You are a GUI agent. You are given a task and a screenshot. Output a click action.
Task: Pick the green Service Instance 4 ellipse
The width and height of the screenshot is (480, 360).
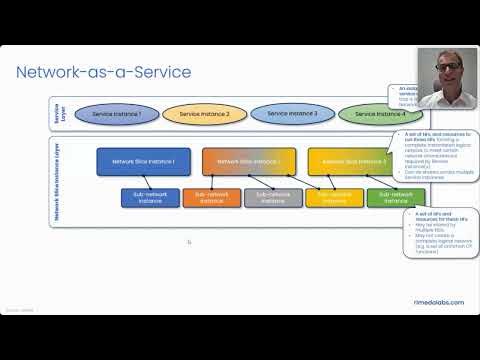[x=373, y=115]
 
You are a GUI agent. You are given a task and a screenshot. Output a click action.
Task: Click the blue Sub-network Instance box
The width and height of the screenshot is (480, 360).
[x=148, y=197]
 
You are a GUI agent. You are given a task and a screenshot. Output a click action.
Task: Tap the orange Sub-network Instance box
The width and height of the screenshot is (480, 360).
[x=211, y=197]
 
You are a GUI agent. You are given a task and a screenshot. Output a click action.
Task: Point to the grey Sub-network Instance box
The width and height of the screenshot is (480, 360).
[x=273, y=197]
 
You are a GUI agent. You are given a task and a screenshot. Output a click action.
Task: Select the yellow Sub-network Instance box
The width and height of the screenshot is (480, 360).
[x=334, y=197]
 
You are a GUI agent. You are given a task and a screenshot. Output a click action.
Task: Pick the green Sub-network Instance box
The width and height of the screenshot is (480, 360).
[x=389, y=197]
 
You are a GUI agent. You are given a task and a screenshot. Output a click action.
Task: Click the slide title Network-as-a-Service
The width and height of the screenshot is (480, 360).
[x=103, y=72]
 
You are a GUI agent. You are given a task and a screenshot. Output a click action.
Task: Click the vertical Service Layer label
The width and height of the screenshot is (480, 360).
[x=56, y=115]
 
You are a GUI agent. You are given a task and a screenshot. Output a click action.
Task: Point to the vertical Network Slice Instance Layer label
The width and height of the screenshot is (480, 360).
[x=56, y=180]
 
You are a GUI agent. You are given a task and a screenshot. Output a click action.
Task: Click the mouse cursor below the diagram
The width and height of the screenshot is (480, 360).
[x=189, y=241]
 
